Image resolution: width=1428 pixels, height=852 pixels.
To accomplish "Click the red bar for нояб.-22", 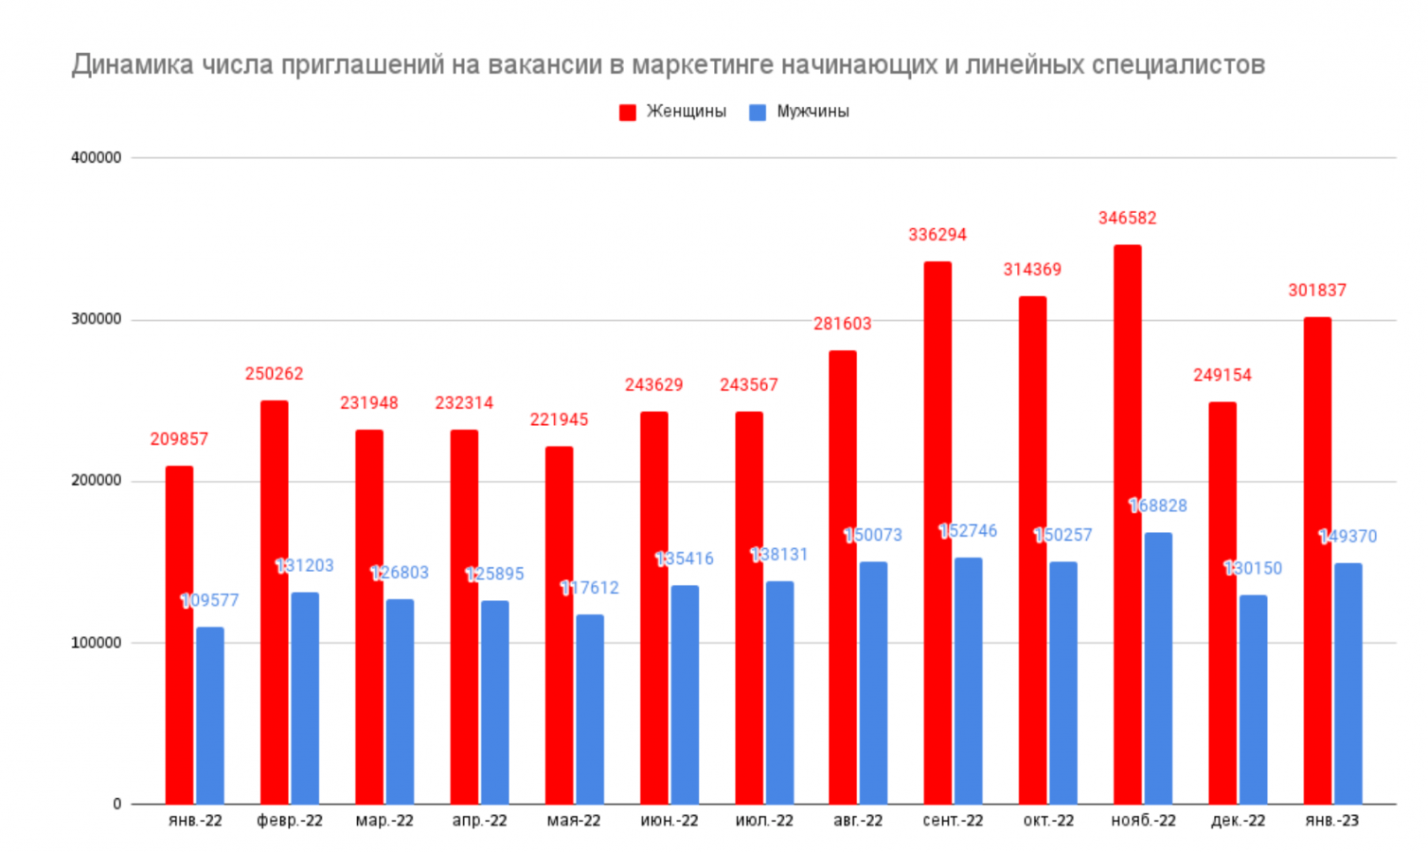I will [1127, 524].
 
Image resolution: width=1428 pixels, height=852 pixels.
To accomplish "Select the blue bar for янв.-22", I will [210, 716].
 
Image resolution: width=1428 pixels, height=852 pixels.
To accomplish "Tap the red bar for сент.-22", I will [937, 533].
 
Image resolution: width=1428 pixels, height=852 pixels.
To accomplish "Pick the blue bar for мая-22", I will [589, 710].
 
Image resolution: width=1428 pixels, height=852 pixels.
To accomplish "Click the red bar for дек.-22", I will [1223, 603].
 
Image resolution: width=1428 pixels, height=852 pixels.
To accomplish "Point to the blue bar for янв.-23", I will [1348, 683].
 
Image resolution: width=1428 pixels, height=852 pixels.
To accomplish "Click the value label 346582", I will [1127, 219].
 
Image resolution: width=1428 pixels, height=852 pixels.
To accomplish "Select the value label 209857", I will [179, 439].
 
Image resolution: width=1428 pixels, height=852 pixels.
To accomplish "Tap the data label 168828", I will [1158, 506].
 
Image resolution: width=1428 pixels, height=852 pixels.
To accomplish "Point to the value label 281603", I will [842, 324].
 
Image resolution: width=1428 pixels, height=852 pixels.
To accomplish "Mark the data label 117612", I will [589, 589].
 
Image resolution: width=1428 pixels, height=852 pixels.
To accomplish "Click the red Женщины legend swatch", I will [627, 113].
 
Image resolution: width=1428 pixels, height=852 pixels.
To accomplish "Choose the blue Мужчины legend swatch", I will [758, 113].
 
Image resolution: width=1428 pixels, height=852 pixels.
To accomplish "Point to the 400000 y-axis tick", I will [97, 158].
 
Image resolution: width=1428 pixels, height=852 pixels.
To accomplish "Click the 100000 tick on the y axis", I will [97, 643].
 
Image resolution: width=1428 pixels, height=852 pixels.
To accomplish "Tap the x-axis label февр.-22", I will [290, 821].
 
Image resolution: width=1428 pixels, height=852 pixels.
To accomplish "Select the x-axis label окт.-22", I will [1048, 821].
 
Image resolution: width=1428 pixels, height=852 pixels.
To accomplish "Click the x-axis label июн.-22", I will [669, 821].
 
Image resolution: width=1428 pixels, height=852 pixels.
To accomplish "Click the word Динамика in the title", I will [133, 65].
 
